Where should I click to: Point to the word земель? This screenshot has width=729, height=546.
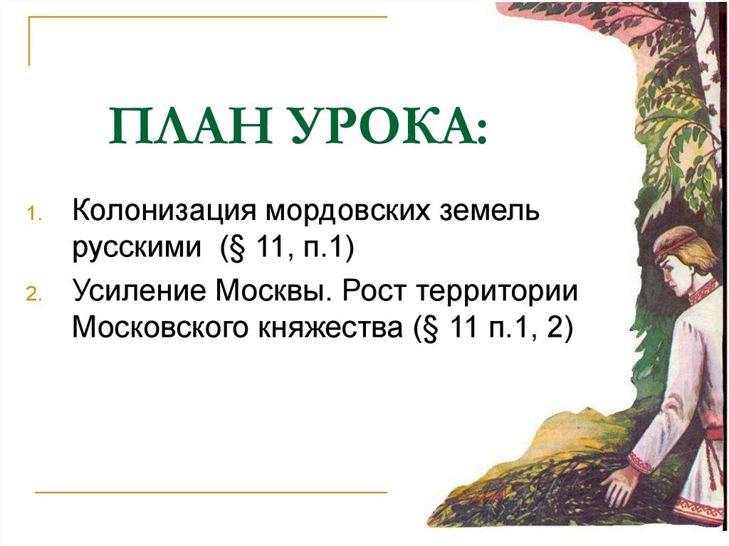coord(476,211)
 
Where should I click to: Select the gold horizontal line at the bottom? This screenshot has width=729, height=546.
coord(211,492)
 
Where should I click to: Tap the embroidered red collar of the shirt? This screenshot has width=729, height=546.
coord(702,292)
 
